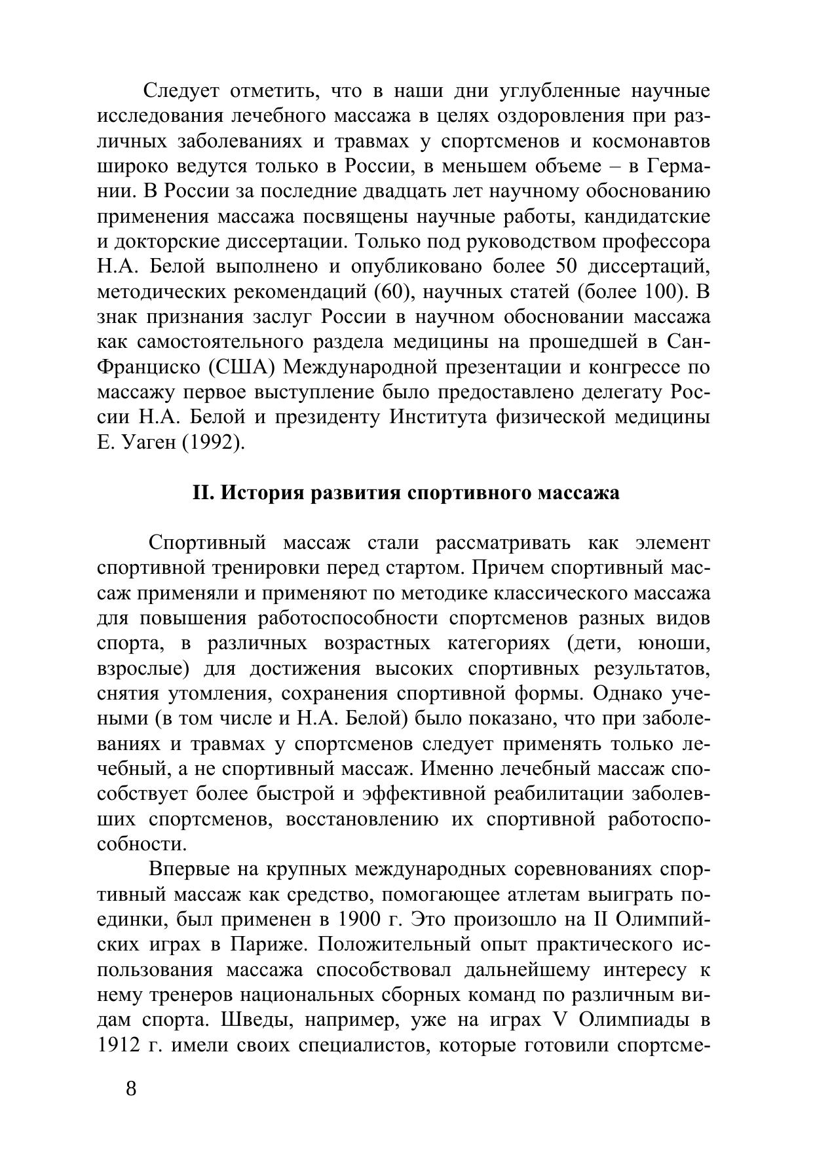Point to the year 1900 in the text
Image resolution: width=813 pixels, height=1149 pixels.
pyautogui.click(x=360, y=919)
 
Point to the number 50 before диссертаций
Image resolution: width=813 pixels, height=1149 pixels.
pyautogui.click(x=567, y=267)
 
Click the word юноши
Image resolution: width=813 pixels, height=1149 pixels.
pyautogui.click(x=673, y=644)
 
